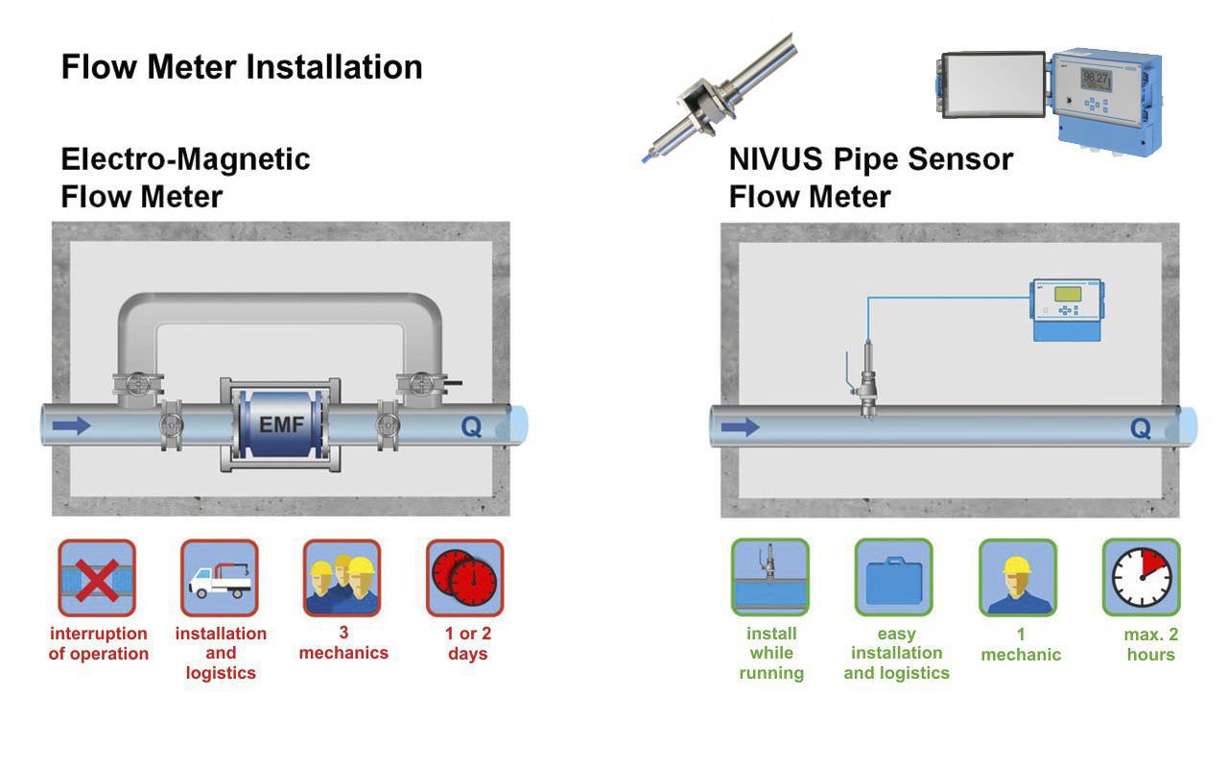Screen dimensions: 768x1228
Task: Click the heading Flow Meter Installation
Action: (242, 67)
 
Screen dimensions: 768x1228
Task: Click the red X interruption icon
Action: (97, 578)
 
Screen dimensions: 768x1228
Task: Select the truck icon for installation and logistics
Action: (220, 578)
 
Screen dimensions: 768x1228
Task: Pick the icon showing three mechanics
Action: (342, 578)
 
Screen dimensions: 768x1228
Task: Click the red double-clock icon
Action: (465, 578)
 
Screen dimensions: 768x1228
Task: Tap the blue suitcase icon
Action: (894, 578)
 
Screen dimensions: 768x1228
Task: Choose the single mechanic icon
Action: (1018, 578)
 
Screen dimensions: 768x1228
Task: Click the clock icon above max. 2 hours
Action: (1141, 578)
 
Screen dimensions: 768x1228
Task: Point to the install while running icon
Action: (770, 578)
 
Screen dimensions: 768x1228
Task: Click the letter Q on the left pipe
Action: (471, 426)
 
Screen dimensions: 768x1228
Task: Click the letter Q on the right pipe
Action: (1141, 428)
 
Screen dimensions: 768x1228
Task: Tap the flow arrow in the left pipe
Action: (72, 424)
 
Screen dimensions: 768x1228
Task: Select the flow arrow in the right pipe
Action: (741, 426)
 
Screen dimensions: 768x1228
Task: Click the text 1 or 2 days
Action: (467, 644)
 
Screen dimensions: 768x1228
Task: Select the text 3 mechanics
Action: (343, 643)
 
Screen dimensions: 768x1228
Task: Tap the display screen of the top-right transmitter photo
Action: (1096, 80)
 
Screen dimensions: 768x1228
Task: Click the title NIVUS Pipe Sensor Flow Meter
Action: (870, 178)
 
